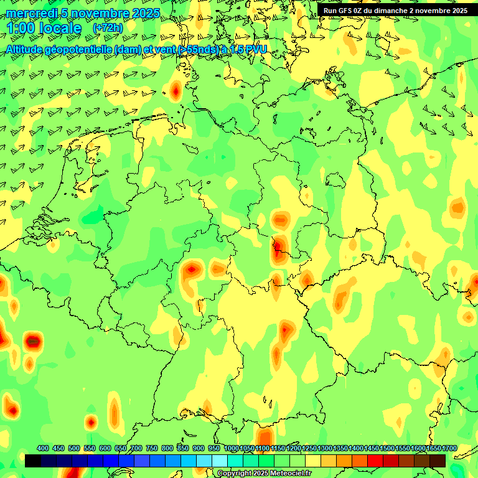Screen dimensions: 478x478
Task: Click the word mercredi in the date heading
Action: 28,13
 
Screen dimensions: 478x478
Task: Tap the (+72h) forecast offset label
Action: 108,28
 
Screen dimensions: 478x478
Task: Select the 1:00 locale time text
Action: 44,28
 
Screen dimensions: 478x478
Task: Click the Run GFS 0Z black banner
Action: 395,10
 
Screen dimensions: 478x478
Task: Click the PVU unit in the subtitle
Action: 255,49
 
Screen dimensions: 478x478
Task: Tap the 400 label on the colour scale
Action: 43,448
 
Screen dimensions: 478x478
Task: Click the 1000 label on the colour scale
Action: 231,448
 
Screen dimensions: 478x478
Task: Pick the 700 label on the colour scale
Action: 136,448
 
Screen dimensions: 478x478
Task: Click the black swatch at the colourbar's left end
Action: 33,461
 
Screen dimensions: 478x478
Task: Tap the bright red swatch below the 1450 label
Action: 375,461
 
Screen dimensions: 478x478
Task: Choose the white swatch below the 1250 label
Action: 313,461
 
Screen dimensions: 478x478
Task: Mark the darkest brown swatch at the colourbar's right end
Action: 438,461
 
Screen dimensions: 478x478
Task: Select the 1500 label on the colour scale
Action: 387,448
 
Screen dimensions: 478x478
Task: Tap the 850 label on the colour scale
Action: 183,448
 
